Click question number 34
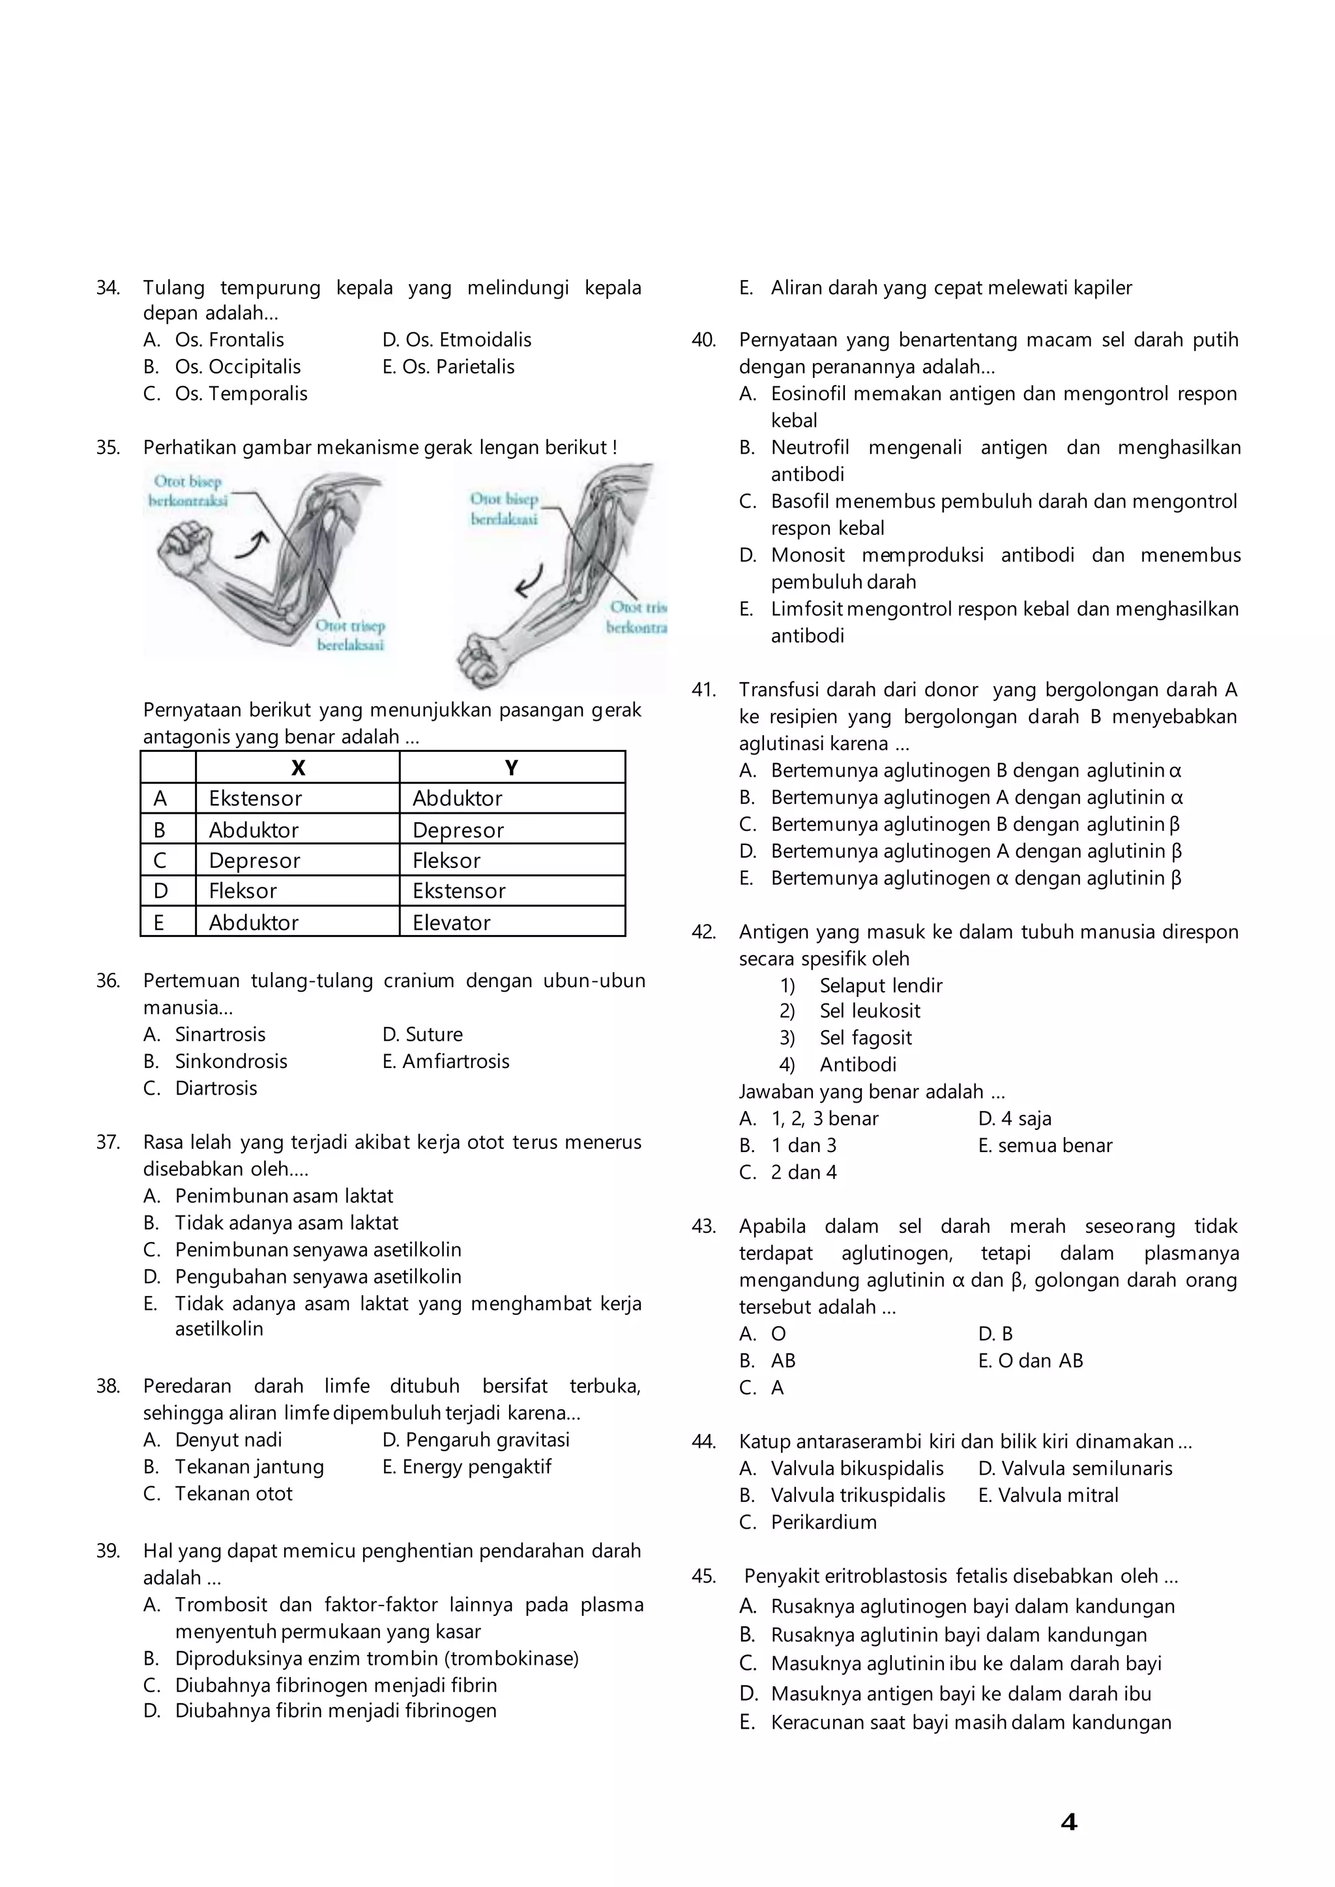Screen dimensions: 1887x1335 (x=108, y=287)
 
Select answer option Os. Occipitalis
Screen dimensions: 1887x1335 (x=237, y=367)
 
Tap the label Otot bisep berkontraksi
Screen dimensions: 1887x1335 (x=188, y=491)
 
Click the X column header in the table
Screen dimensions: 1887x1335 (x=298, y=768)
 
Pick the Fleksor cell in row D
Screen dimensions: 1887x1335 (x=242, y=891)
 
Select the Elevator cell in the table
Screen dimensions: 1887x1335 (x=451, y=922)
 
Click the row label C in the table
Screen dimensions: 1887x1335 (x=160, y=861)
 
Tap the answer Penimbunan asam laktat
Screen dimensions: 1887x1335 (x=284, y=1196)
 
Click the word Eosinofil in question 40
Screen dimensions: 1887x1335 (x=808, y=394)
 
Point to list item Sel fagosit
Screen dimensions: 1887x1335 (x=865, y=1038)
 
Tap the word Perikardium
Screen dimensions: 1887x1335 (x=824, y=1522)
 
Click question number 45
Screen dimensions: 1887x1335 (x=703, y=1576)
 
